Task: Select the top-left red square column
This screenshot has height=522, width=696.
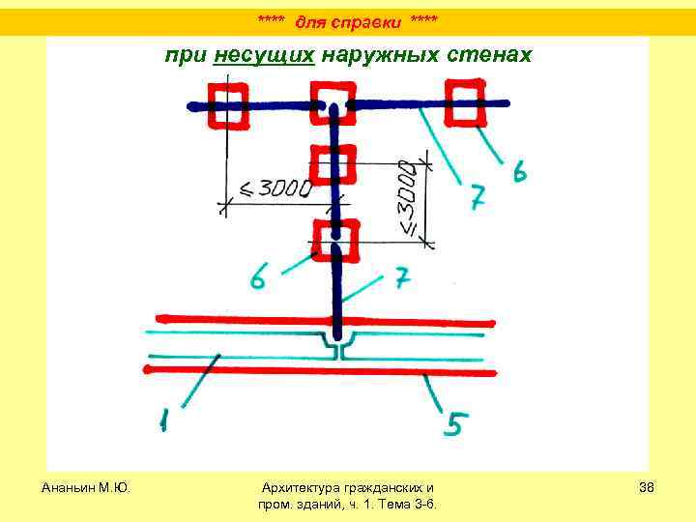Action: pyautogui.click(x=227, y=104)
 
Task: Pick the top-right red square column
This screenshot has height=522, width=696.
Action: pyautogui.click(x=466, y=101)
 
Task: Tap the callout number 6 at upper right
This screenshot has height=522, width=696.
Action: pyautogui.click(x=519, y=174)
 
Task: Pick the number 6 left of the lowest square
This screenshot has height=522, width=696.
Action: pyautogui.click(x=258, y=278)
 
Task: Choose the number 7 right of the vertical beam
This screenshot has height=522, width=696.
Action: pyautogui.click(x=402, y=281)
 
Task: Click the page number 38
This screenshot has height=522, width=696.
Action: pyautogui.click(x=647, y=486)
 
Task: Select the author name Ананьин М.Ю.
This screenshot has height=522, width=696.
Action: pyautogui.click(x=86, y=486)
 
